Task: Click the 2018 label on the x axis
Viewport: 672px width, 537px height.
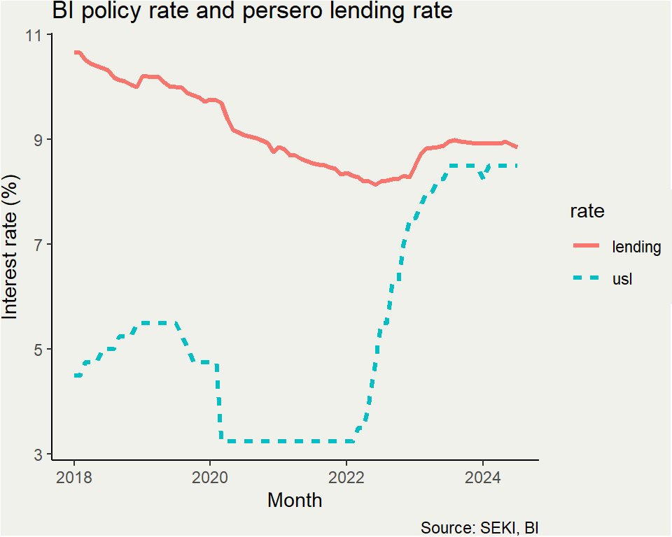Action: pyautogui.click(x=73, y=479)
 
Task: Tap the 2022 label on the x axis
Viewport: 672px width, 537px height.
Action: pyautogui.click(x=346, y=479)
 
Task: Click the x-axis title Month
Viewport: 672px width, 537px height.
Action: pyautogui.click(x=295, y=501)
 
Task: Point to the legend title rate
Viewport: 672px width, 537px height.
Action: pyautogui.click(x=587, y=211)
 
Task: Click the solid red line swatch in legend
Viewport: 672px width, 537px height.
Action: pyautogui.click(x=587, y=246)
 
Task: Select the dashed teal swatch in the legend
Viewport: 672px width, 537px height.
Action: pyautogui.click(x=587, y=278)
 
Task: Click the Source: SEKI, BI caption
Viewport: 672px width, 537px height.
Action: pyautogui.click(x=479, y=527)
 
